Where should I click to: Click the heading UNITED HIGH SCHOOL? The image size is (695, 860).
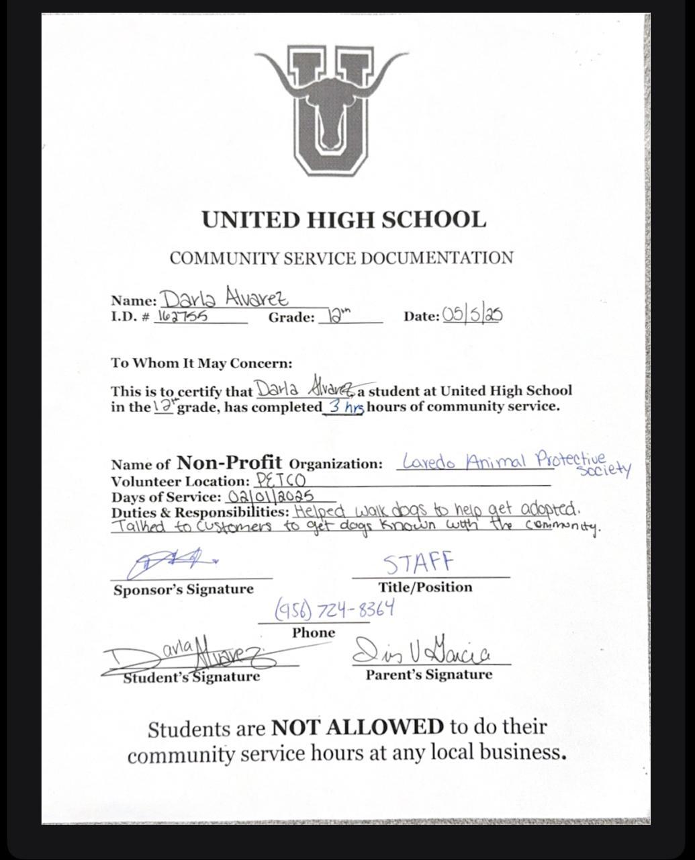pyautogui.click(x=344, y=220)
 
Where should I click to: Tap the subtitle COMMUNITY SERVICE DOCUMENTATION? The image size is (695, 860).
pyautogui.click(x=341, y=258)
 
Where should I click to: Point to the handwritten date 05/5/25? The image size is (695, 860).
pyautogui.click(x=472, y=314)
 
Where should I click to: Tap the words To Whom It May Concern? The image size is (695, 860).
pyautogui.click(x=201, y=363)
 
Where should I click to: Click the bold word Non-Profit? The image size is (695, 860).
pyautogui.click(x=229, y=462)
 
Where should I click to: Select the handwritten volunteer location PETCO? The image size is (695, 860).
pyautogui.click(x=281, y=481)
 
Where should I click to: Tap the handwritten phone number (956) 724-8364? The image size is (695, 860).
pyautogui.click(x=334, y=609)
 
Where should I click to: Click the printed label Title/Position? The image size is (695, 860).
pyautogui.click(x=425, y=587)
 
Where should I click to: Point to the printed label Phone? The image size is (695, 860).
pyautogui.click(x=314, y=633)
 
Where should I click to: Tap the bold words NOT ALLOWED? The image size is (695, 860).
pyautogui.click(x=357, y=727)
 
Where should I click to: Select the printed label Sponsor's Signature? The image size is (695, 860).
pyautogui.click(x=183, y=590)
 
